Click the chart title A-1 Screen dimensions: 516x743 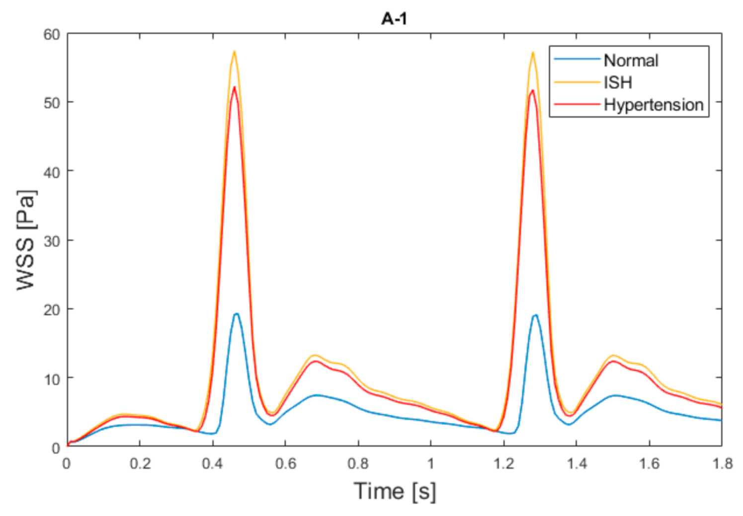(x=394, y=19)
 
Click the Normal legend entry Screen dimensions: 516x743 (x=631, y=61)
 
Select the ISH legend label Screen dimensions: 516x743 (x=618, y=82)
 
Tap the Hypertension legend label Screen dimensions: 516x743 (x=653, y=105)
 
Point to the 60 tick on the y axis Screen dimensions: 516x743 (x=51, y=35)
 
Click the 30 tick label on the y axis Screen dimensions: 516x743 (x=51, y=241)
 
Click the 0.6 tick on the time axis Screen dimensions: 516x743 (x=285, y=464)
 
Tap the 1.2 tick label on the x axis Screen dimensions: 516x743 (x=503, y=464)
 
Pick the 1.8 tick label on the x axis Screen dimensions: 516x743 (x=722, y=464)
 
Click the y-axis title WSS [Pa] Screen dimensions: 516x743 (x=26, y=240)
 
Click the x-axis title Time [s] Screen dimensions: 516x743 (x=395, y=491)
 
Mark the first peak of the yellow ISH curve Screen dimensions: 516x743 (x=234, y=51)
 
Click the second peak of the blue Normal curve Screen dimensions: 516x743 (x=536, y=315)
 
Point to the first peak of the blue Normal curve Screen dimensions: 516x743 (x=237, y=313)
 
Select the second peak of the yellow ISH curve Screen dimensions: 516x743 (x=533, y=52)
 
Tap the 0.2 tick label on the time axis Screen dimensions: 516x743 (x=140, y=464)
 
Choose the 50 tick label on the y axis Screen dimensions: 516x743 (x=51, y=103)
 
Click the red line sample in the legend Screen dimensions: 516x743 (x=577, y=104)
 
